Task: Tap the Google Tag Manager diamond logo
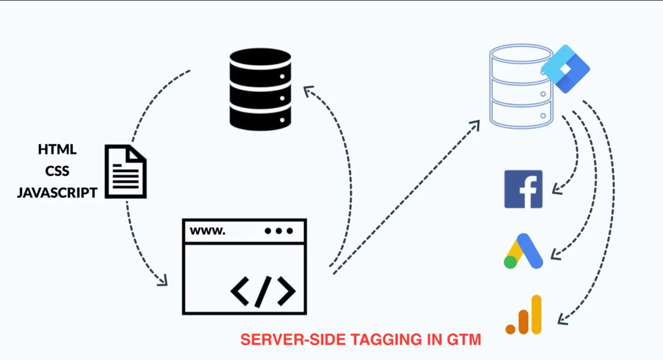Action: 565,69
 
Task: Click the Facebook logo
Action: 523,189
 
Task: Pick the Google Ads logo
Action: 523,252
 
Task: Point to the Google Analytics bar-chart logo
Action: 524,315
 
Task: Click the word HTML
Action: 57,150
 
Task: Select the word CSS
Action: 57,171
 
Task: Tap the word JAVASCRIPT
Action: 57,193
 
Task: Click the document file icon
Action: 126,171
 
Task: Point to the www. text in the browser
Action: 208,231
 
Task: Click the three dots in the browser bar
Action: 278,231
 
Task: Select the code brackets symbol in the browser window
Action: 263,290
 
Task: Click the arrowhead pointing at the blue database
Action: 476,123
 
